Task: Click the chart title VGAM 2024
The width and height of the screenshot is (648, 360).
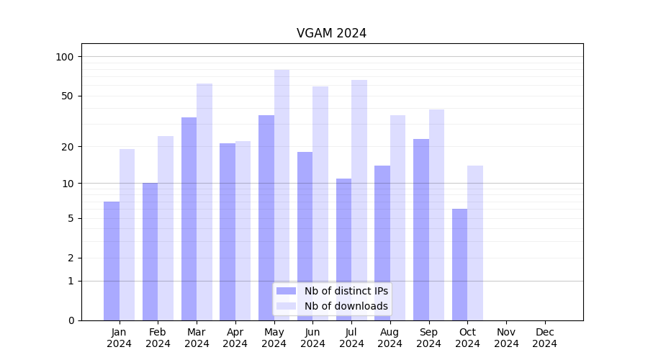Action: pyautogui.click(x=331, y=34)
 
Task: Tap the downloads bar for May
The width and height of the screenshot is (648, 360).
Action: pyautogui.click(x=282, y=194)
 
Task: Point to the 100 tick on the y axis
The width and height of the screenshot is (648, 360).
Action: pyautogui.click(x=65, y=57)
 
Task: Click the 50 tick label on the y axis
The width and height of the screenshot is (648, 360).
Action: pyautogui.click(x=68, y=96)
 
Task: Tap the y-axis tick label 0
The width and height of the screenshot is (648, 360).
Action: pyautogui.click(x=71, y=320)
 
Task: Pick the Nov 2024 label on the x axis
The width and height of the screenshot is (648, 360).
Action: pyautogui.click(x=506, y=338)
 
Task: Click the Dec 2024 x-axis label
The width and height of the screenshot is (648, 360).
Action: pyautogui.click(x=545, y=338)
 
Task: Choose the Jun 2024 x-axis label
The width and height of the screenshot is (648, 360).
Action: pyautogui.click(x=312, y=338)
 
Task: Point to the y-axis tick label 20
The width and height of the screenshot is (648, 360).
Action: pyautogui.click(x=68, y=147)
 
